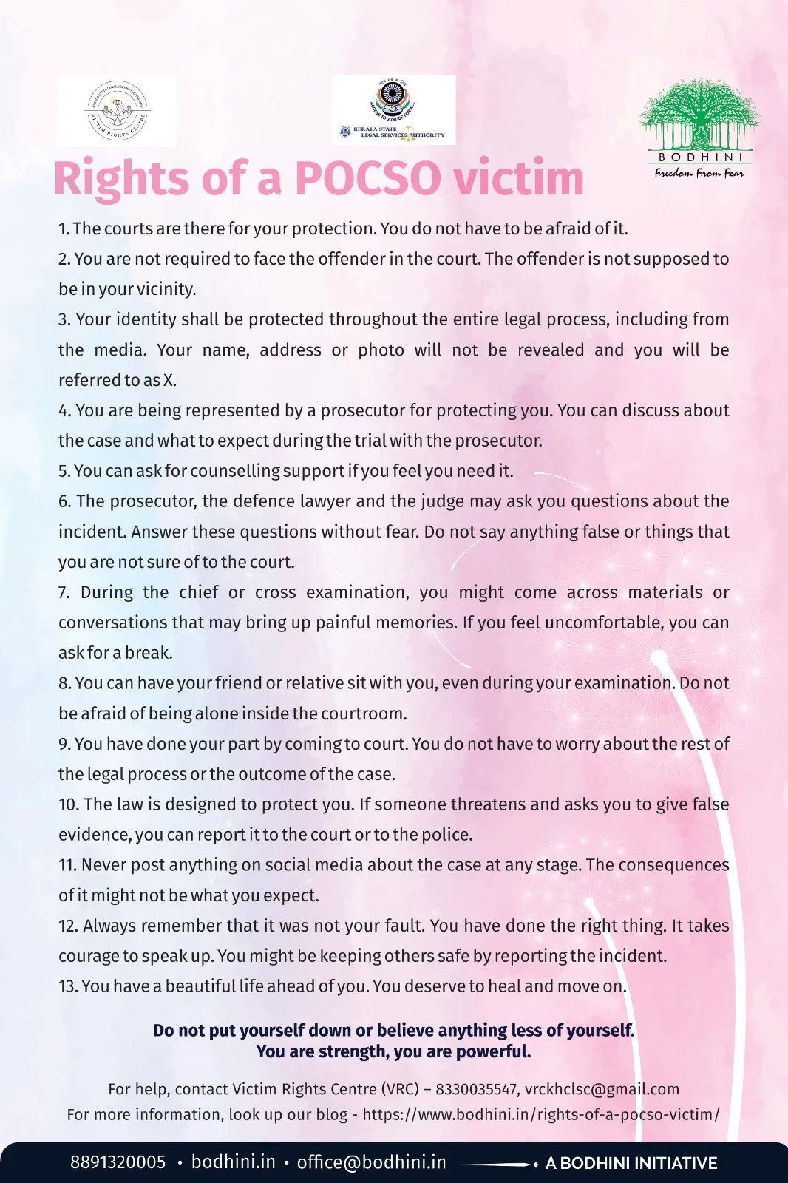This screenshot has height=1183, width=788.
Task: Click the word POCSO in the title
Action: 367,179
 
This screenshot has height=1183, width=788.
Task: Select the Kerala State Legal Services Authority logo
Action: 393,109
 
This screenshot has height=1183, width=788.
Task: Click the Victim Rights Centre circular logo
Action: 117,111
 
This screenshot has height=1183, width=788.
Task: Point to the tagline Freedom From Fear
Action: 699,173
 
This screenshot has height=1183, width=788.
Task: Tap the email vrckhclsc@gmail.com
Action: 602,1089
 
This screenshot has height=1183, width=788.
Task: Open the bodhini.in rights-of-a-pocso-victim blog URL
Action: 540,1114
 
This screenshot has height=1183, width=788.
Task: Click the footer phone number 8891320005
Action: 118,1162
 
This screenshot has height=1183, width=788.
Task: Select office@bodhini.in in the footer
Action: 371,1162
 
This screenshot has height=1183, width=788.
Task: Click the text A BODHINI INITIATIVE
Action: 631,1163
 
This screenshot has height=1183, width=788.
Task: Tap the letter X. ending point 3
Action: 170,380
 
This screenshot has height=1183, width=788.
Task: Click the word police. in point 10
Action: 446,835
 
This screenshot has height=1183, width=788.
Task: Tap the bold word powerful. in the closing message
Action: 493,1051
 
